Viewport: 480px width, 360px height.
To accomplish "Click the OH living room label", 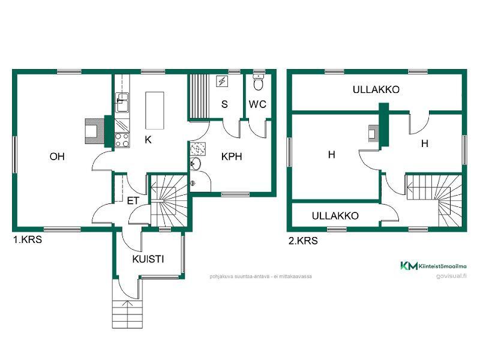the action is [57, 157].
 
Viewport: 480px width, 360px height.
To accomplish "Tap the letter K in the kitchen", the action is [148, 140].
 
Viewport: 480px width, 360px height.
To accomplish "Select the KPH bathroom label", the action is [232, 157].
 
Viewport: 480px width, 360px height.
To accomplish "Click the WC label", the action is [257, 104].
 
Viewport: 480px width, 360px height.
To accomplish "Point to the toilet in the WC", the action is [259, 83].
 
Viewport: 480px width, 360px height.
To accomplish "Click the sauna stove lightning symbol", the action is [222, 82].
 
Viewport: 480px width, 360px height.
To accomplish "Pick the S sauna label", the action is [224, 104].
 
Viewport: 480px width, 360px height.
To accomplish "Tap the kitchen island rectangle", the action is [155, 110].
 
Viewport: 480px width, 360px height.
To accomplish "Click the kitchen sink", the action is [122, 103].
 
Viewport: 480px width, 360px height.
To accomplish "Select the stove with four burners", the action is [122, 140].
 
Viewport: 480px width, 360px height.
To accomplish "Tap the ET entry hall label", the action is [133, 201].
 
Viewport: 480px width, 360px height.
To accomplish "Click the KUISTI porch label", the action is [148, 259].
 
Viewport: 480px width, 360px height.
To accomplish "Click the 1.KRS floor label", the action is [27, 239].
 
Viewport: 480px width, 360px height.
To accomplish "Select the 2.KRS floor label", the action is [303, 241].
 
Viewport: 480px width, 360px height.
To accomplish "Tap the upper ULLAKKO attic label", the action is [376, 89].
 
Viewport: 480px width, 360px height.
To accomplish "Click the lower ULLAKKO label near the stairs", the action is [335, 216].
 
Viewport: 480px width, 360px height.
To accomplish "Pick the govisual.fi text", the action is [452, 276].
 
